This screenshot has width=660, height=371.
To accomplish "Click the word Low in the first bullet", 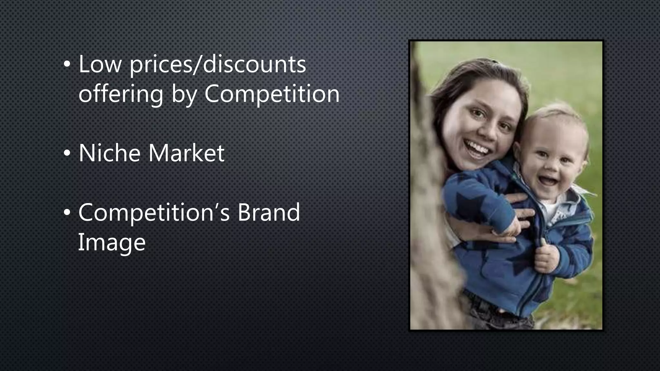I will coord(100,64).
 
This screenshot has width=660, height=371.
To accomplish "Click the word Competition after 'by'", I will coord(272,94).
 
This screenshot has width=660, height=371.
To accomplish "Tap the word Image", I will coord(112,242).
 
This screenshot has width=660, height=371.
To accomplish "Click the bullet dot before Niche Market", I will coord(66,154).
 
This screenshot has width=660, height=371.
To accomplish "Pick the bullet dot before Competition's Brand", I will coord(66,213).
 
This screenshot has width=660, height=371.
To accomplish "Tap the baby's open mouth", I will coord(549,180).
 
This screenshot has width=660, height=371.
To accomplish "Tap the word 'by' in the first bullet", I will coord(184,95).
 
